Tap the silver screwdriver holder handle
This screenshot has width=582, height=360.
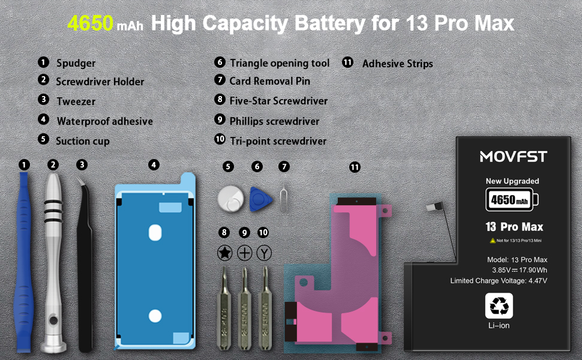(53, 260)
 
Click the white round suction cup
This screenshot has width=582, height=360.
(230, 199)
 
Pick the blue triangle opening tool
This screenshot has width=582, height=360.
(260, 199)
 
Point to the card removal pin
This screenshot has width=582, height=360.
(284, 199)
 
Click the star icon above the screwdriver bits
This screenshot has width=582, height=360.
(224, 253)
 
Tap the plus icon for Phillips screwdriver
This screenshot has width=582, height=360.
(244, 253)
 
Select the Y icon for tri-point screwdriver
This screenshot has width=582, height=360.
(264, 253)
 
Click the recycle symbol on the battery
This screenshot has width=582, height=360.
(499, 306)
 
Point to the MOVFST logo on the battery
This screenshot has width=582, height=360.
(514, 157)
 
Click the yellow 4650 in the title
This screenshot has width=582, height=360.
(90, 23)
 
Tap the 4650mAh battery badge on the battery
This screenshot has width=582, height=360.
(512, 200)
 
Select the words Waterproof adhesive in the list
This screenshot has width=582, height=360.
(104, 121)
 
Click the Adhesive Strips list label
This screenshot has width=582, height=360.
(398, 64)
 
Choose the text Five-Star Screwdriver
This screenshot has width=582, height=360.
(278, 101)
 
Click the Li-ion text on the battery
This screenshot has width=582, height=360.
(499, 325)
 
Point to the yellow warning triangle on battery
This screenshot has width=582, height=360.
(493, 241)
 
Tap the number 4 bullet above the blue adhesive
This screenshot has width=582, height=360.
(154, 165)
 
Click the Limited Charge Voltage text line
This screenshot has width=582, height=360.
(499, 281)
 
